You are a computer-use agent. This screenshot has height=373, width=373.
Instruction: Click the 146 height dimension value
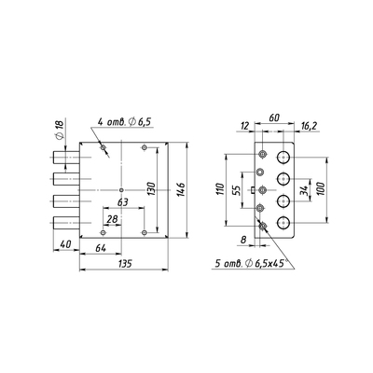(182, 189)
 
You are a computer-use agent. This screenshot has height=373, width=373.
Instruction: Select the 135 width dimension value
(125, 264)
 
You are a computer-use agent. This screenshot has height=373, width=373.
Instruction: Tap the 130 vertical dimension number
(152, 189)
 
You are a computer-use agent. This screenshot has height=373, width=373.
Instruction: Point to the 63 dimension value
(123, 202)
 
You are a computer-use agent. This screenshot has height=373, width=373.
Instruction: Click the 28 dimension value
(112, 219)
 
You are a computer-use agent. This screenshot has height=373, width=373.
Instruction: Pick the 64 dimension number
(101, 248)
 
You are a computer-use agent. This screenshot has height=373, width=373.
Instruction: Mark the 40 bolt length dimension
(65, 244)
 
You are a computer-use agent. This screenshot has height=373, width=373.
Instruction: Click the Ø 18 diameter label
(59, 129)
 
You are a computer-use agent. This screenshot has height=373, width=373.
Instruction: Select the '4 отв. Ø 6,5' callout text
(124, 121)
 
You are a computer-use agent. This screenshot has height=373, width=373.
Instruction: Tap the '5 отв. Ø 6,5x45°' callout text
(251, 264)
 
